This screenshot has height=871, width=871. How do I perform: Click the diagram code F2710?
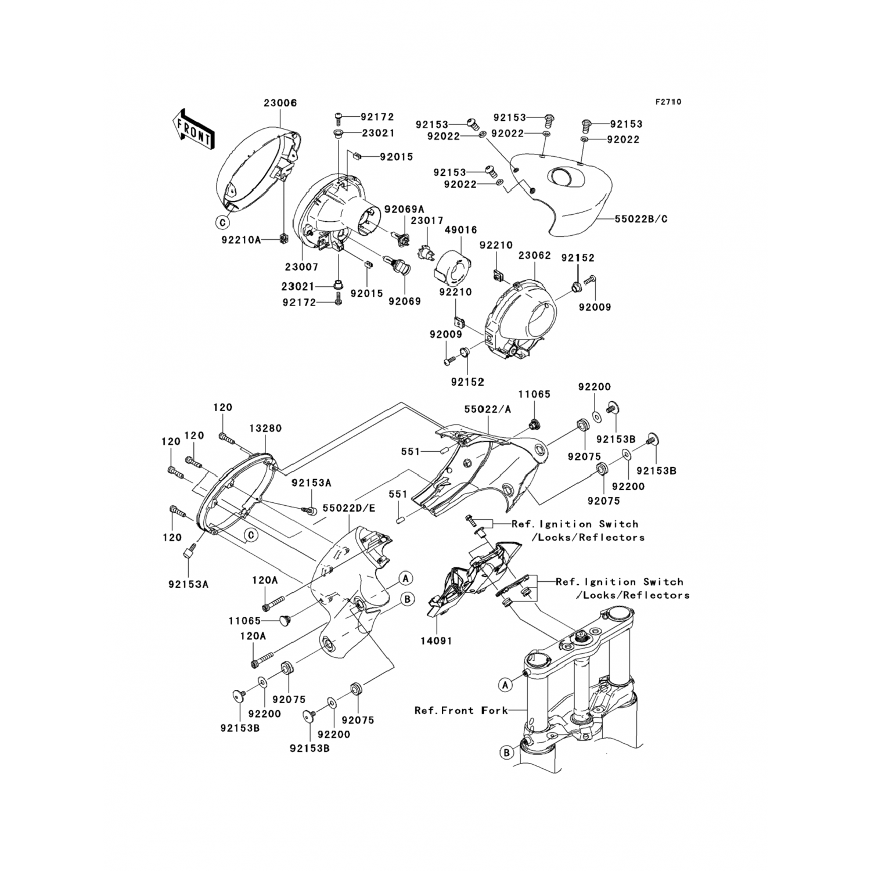(x=668, y=102)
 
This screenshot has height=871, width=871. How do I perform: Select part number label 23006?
(x=280, y=103)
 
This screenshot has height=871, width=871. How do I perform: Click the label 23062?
(x=535, y=255)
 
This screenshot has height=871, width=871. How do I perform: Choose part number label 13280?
(x=265, y=429)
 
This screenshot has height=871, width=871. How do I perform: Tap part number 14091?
(x=437, y=641)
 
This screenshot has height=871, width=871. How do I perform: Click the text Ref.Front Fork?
(x=461, y=710)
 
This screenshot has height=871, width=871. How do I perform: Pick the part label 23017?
(x=427, y=221)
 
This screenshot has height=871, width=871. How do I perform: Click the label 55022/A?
(x=488, y=409)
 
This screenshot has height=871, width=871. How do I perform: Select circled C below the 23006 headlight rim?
(x=221, y=221)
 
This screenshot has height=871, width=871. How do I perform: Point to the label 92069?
(x=405, y=301)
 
